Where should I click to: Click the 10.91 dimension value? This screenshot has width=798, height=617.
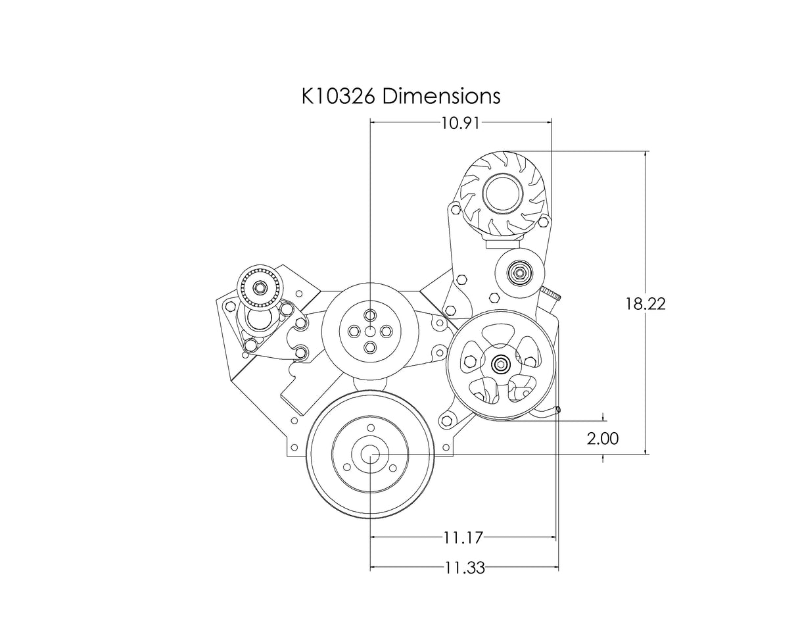(x=461, y=123)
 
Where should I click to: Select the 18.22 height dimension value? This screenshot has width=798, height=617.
(x=645, y=304)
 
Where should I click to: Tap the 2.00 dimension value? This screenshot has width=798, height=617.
(x=603, y=439)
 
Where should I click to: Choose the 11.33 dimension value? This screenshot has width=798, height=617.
(x=464, y=568)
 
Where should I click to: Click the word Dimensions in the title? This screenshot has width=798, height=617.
(x=441, y=96)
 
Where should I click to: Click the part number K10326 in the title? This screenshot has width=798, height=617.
(x=338, y=96)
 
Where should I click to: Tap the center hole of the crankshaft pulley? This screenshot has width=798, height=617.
(x=371, y=455)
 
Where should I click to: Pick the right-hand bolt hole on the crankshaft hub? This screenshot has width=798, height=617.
(x=392, y=468)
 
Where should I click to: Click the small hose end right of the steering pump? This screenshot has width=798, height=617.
(x=557, y=410)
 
